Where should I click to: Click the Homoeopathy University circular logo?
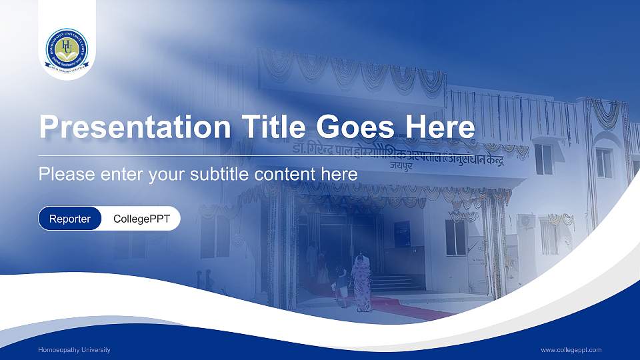coord(67,50)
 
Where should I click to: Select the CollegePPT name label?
coord(141,219)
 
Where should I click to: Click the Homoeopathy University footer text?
coord(74,350)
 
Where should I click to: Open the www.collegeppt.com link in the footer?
coord(571,350)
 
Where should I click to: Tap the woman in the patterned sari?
coord(363,283)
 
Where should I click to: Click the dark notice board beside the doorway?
coord(402,233)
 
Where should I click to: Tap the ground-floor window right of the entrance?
coord(455,237)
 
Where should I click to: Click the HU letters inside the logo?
coord(67,45)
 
